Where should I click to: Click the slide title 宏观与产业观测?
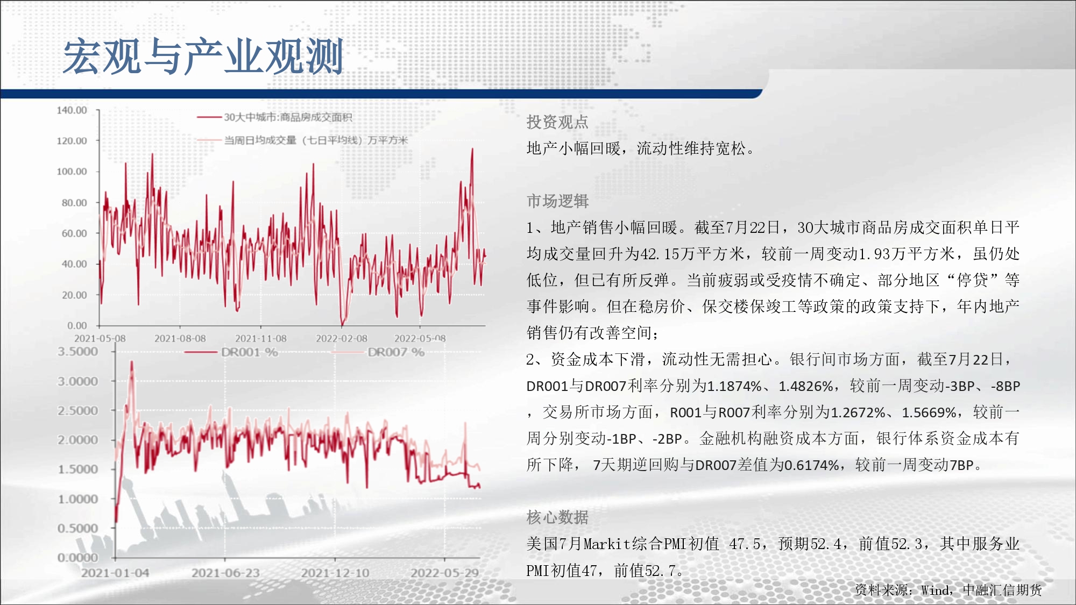pos(203,56)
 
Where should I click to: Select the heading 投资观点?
pos(557,122)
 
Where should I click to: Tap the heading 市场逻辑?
pos(557,201)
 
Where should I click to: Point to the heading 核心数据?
pos(557,517)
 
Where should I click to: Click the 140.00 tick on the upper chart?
pos(72,110)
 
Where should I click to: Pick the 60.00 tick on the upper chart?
pos(74,233)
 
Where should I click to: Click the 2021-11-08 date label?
pos(261,338)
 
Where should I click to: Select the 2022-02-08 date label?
pos(342,338)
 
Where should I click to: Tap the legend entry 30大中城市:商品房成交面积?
pos(288,117)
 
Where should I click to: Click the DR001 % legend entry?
pos(250,352)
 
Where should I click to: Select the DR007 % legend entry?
pos(396,352)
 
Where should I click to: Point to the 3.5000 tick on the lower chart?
pos(78,352)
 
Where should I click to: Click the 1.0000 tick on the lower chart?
pos(78,499)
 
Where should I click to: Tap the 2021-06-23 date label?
pos(225,573)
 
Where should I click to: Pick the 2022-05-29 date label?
pos(445,573)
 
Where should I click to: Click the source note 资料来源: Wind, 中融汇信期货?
pos(948,590)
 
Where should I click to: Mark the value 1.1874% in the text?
pos(734,386)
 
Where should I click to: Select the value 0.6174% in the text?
pos(811,465)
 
